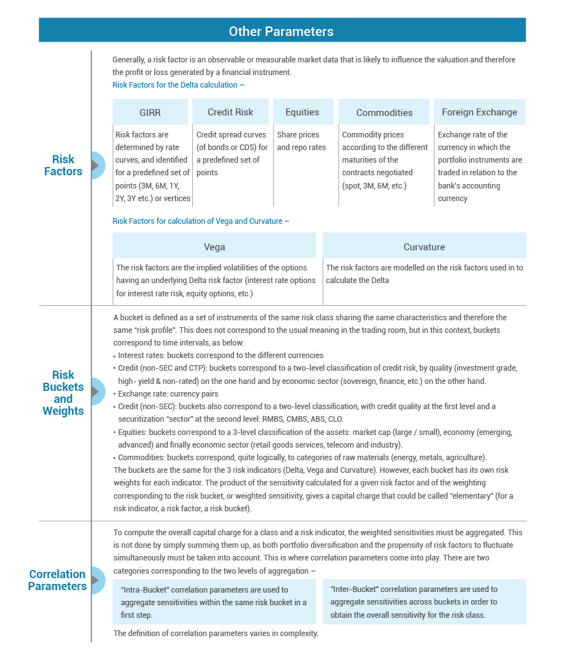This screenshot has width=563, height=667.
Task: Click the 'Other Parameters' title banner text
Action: [281, 31]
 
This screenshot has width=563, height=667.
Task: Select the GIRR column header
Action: [150, 112]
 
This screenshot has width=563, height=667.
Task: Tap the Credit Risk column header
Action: [230, 112]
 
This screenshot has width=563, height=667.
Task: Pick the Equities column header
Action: [302, 112]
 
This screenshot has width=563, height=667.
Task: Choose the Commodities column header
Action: [385, 112]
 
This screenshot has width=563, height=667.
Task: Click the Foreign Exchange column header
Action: [480, 112]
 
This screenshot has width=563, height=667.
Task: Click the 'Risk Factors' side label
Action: [64, 165]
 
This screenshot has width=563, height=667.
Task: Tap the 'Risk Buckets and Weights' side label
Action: [64, 393]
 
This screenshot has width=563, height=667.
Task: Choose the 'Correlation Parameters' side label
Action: [57, 580]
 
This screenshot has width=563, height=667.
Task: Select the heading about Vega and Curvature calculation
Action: [201, 221]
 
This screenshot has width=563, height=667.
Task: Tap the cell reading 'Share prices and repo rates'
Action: [301, 141]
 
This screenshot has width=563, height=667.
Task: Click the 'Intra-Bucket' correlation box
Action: [214, 602]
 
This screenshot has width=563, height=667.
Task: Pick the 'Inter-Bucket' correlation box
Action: [424, 602]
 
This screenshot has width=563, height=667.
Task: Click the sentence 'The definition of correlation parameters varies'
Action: [216, 633]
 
